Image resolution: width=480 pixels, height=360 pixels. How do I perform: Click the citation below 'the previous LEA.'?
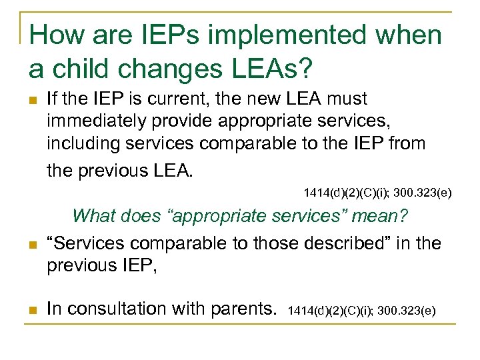[x=377, y=193]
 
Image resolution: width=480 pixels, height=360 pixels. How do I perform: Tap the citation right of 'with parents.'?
[x=362, y=310]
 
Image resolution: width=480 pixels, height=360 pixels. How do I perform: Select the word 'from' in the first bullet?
[x=405, y=145]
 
